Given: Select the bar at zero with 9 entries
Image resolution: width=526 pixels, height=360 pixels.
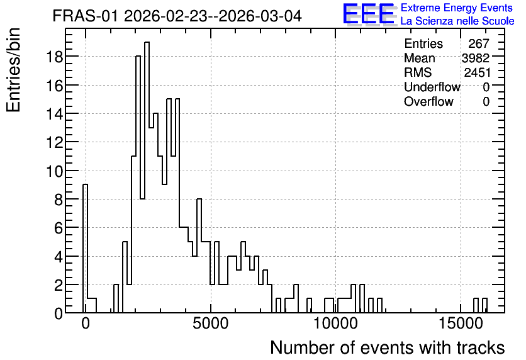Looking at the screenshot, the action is coord(85,248).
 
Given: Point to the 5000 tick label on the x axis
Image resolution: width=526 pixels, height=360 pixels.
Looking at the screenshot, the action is coord(211,324).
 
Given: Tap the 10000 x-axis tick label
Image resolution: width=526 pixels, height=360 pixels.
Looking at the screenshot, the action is coord(336,324).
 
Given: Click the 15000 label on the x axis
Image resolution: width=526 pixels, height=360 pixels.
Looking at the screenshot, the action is coord(461,324).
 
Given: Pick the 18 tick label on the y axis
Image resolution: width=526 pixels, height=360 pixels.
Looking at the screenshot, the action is coord(54,57).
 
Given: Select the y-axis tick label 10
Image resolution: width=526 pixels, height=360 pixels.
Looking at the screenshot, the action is coord(54,171).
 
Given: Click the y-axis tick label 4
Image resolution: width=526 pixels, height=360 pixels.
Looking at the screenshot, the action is coord(59,256).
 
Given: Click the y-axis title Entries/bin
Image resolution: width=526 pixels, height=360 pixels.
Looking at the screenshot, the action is coord(13,70).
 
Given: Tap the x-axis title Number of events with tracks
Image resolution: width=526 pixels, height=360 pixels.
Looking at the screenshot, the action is coord(388,347).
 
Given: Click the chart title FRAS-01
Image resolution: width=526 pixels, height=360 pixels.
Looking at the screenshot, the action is coord(85,16).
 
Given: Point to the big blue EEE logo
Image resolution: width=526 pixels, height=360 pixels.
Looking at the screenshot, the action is coord(369,14).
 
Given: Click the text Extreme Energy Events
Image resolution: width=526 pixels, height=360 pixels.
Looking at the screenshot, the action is coord(457,8).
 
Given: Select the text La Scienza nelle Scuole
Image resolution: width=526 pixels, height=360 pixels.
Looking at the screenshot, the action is coord(457,21).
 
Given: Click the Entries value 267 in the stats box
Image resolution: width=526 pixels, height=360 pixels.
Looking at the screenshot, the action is coord(479,43).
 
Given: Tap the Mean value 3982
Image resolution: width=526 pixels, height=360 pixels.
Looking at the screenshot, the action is coord(476,58).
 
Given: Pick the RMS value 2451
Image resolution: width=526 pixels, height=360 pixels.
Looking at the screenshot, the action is coord(477,72).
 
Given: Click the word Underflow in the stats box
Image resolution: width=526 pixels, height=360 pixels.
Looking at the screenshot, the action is coord(432,87).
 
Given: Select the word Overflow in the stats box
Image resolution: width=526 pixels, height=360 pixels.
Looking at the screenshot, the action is coord(428,101).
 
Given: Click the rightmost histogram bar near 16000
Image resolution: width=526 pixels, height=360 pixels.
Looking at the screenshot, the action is coord(484,305).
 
